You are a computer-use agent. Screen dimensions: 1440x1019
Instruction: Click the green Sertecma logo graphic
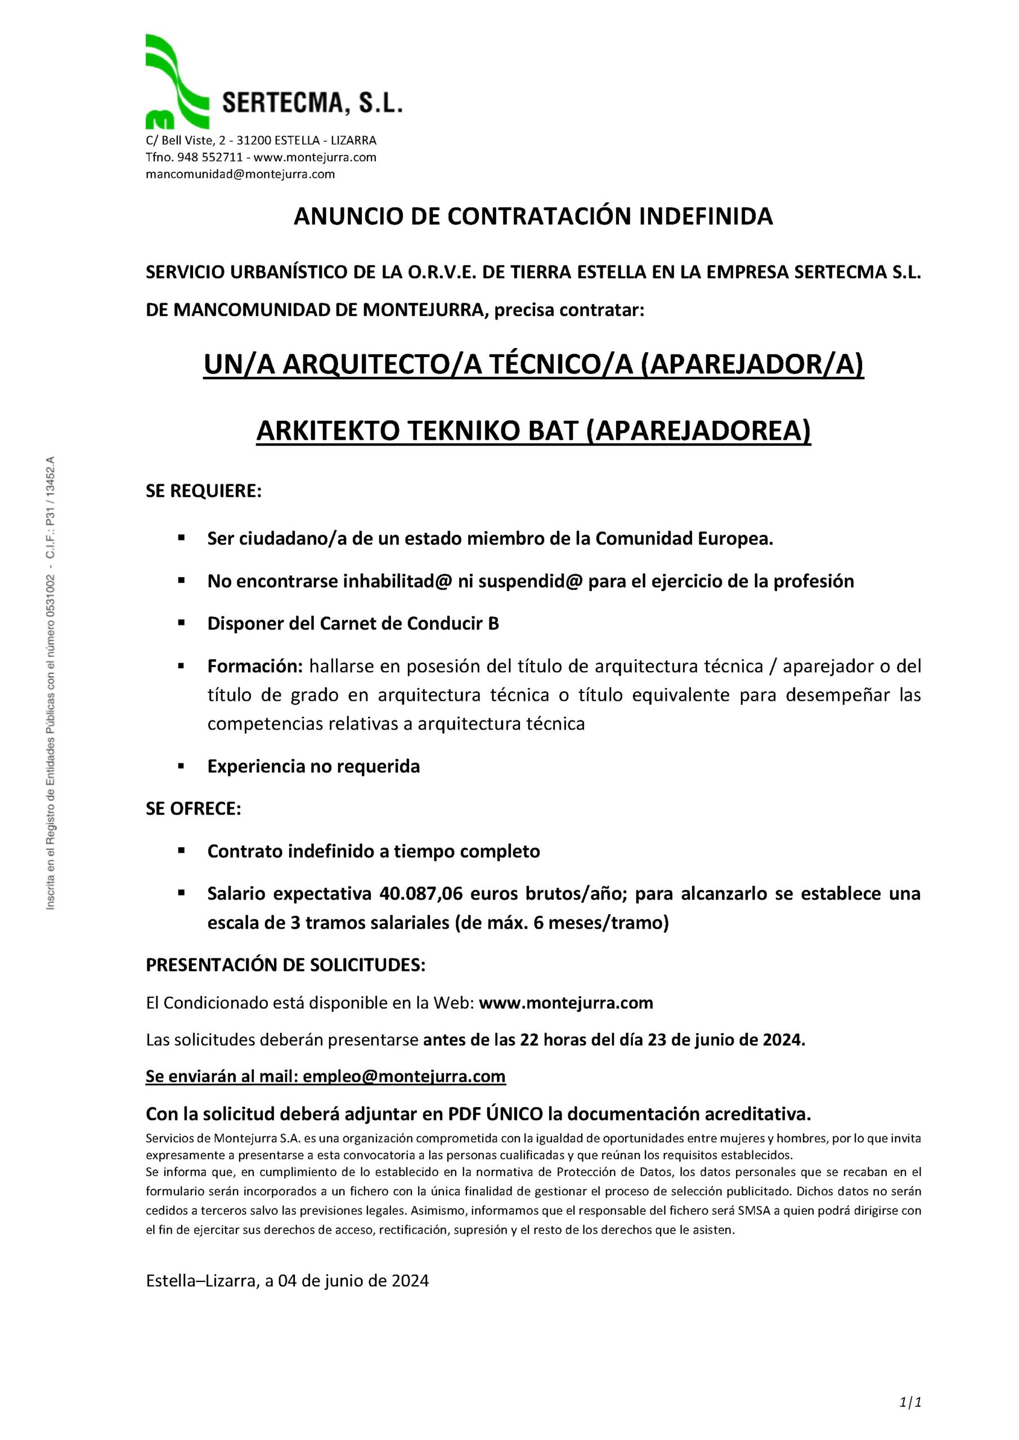tap(176, 82)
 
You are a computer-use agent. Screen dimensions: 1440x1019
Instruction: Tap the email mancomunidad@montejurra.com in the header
tap(240, 174)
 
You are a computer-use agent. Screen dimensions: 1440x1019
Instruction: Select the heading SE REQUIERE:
tap(203, 491)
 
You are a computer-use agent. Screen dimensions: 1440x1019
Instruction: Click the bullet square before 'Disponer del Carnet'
tap(181, 623)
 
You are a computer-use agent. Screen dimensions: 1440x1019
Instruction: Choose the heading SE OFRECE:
tap(193, 808)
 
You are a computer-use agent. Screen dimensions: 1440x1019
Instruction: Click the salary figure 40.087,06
tap(421, 893)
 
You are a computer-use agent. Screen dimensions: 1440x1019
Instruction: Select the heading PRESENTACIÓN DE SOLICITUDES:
tap(285, 965)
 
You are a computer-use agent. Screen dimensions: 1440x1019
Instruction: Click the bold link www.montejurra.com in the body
tap(566, 1003)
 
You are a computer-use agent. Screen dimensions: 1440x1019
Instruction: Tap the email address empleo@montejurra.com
tap(403, 1076)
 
